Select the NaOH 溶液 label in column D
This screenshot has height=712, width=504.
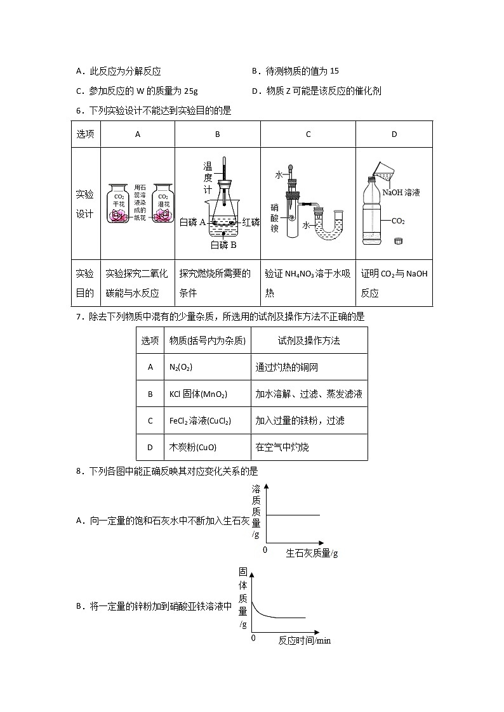(401, 192)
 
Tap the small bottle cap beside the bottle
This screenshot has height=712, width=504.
(399, 241)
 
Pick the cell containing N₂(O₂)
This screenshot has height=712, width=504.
(181, 367)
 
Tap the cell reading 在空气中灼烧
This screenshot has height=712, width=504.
(282, 447)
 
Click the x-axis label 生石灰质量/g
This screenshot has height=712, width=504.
(312, 553)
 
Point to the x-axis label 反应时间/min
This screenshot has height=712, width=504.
(305, 640)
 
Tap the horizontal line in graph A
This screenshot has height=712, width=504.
(292, 515)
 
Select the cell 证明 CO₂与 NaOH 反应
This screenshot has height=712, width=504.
(394, 283)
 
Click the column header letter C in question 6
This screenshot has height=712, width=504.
(308, 134)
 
